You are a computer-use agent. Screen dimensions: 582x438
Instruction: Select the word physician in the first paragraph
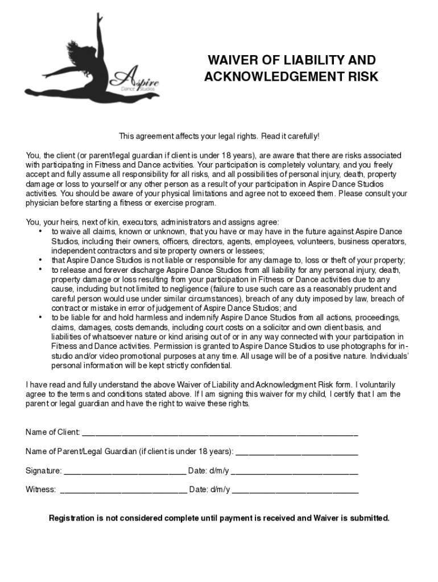43,203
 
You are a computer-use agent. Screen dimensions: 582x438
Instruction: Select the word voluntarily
377,385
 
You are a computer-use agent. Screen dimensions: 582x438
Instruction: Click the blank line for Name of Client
220,433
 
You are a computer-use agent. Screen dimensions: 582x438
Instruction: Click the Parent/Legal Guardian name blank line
296,452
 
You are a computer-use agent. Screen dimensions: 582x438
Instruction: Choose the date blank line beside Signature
294,472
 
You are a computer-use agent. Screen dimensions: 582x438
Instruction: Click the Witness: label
41,489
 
